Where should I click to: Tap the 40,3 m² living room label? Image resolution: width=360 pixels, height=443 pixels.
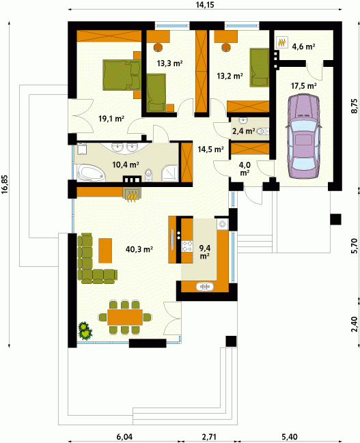click(139, 249)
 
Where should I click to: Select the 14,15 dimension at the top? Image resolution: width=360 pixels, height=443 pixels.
click(205, 5)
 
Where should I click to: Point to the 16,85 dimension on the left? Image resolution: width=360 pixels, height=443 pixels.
click(5, 185)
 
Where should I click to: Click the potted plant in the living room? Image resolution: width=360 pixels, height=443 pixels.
click(85, 330)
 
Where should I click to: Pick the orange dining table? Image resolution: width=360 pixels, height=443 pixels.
click(125, 317)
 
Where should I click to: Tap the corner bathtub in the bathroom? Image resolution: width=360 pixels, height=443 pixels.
click(91, 173)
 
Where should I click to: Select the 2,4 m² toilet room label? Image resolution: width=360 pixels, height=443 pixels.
click(243, 131)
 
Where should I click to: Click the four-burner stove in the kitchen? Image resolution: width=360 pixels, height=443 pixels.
click(186, 246)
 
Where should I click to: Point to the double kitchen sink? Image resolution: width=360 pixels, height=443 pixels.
click(205, 287)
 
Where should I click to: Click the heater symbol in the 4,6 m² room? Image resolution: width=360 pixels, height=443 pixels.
click(281, 42)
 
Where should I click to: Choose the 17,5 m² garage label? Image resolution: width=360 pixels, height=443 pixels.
click(304, 85)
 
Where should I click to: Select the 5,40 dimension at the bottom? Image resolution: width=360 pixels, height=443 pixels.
click(290, 437)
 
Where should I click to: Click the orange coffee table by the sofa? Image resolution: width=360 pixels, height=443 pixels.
click(105, 251)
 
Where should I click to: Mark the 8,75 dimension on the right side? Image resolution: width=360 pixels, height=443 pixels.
click(354, 106)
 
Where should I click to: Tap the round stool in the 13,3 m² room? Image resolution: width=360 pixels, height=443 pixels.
click(158, 47)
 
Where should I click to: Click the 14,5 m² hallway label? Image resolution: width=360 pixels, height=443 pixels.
click(210, 149)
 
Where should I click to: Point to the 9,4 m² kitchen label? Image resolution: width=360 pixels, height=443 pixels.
click(204, 252)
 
